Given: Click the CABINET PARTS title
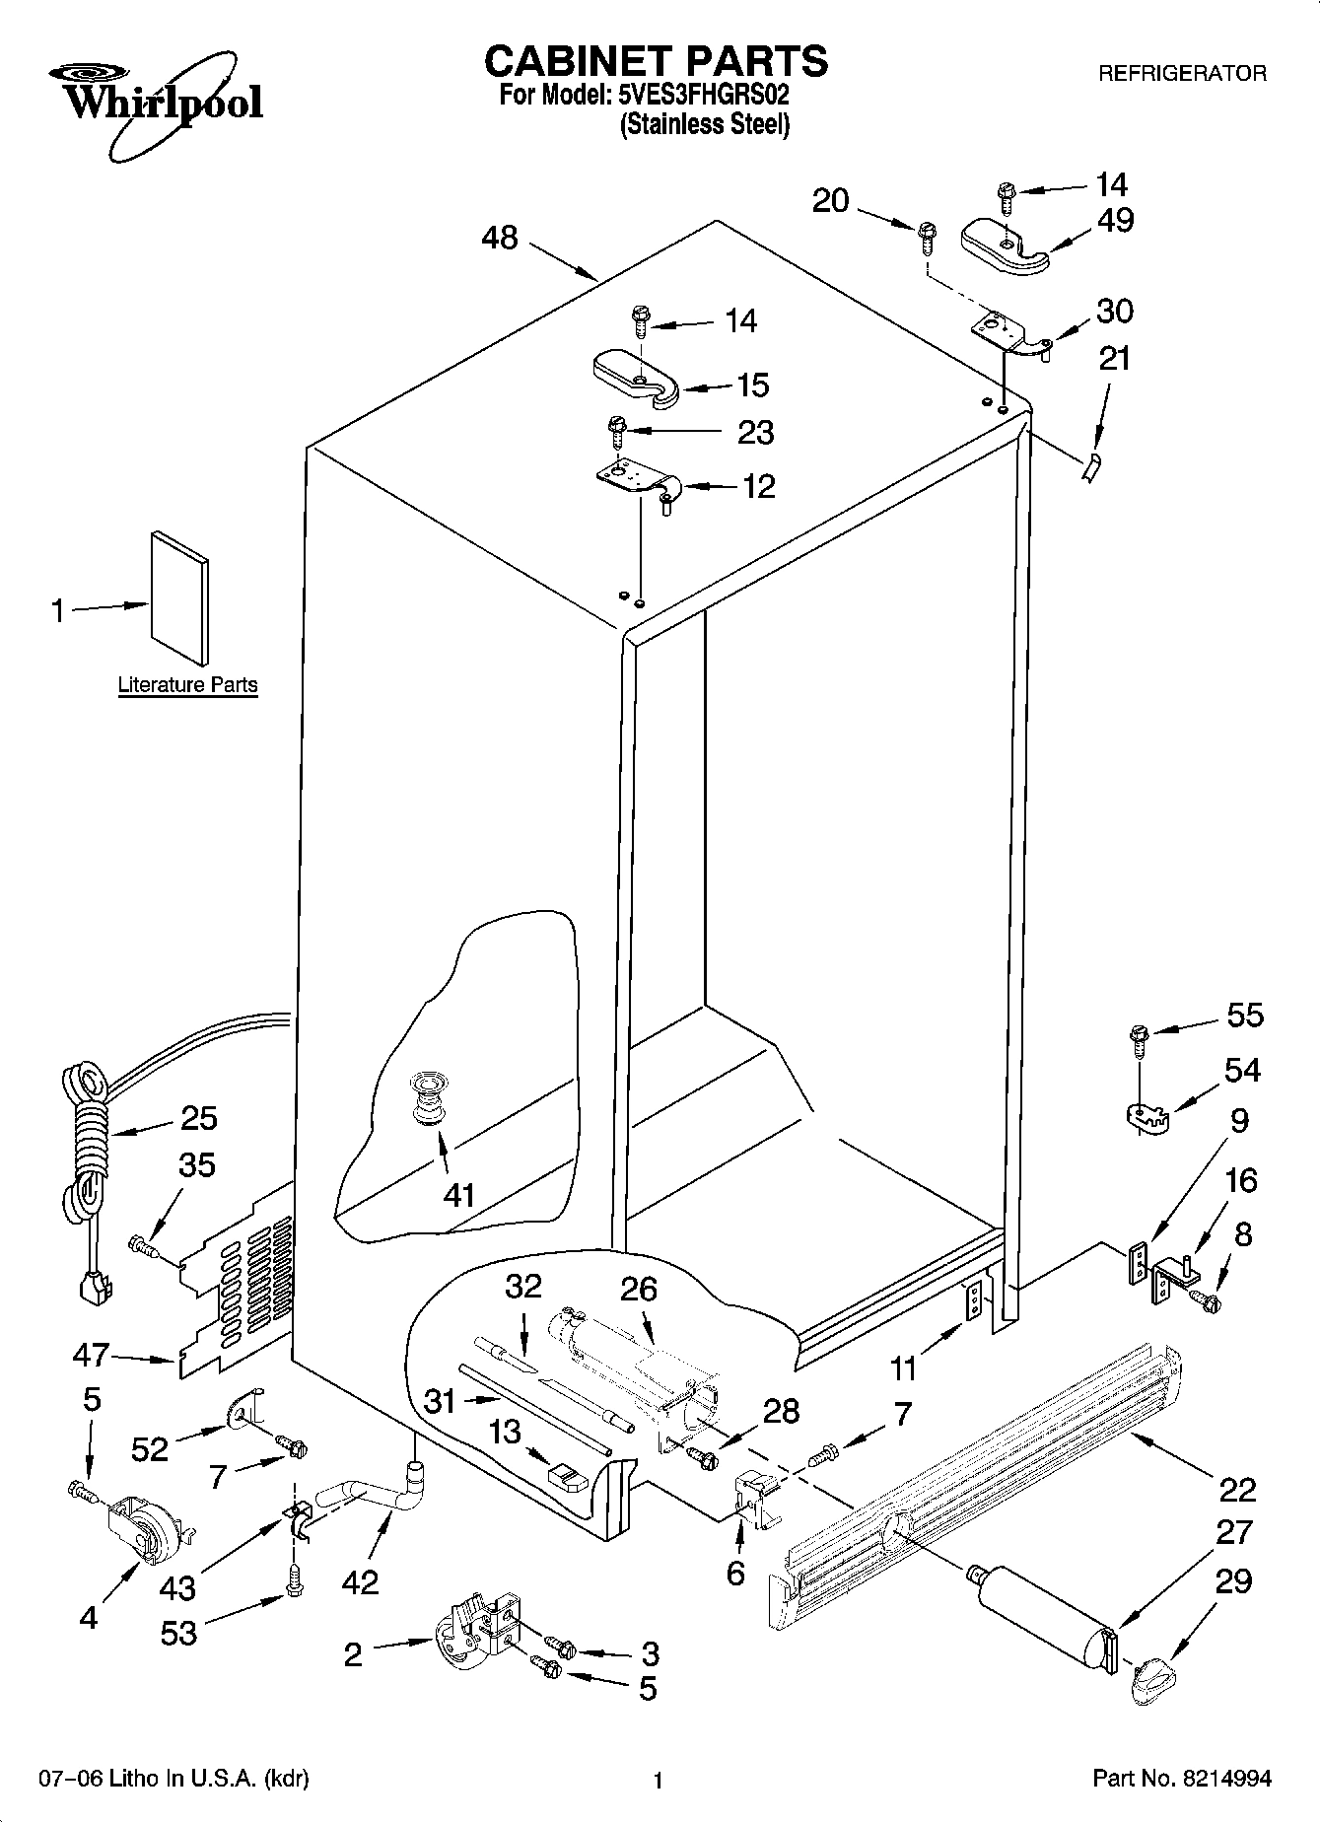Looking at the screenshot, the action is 656,61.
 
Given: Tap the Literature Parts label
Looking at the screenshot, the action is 187,684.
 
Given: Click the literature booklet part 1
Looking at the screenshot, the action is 179,597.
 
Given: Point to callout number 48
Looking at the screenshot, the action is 500,238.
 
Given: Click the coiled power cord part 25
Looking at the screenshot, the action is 91,1134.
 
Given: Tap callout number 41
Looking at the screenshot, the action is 459,1195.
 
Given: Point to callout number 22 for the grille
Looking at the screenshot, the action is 1237,1488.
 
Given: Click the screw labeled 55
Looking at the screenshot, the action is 1140,1038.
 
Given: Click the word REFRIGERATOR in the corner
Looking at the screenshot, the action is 1182,73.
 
